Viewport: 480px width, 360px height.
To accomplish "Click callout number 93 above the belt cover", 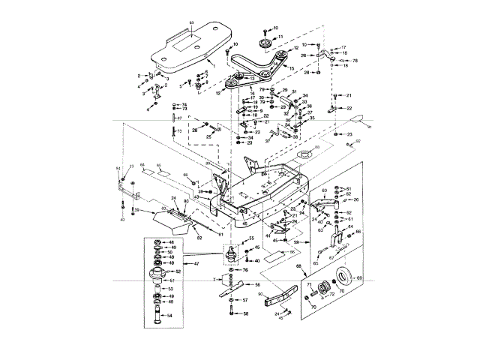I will point(190,25).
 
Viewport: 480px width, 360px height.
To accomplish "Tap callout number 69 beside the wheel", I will point(358,278).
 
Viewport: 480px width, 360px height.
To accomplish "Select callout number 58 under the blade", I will point(244,313).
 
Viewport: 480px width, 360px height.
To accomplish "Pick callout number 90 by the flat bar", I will point(259,295).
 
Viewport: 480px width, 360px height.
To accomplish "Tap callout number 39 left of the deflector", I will point(137,210).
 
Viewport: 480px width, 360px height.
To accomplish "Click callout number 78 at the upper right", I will point(355,60).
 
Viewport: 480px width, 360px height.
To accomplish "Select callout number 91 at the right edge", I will point(368,127).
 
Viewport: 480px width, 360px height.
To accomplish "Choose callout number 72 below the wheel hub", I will point(332,295).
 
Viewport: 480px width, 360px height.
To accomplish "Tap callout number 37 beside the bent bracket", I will point(267,140).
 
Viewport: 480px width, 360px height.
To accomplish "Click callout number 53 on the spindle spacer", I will point(170,288).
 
